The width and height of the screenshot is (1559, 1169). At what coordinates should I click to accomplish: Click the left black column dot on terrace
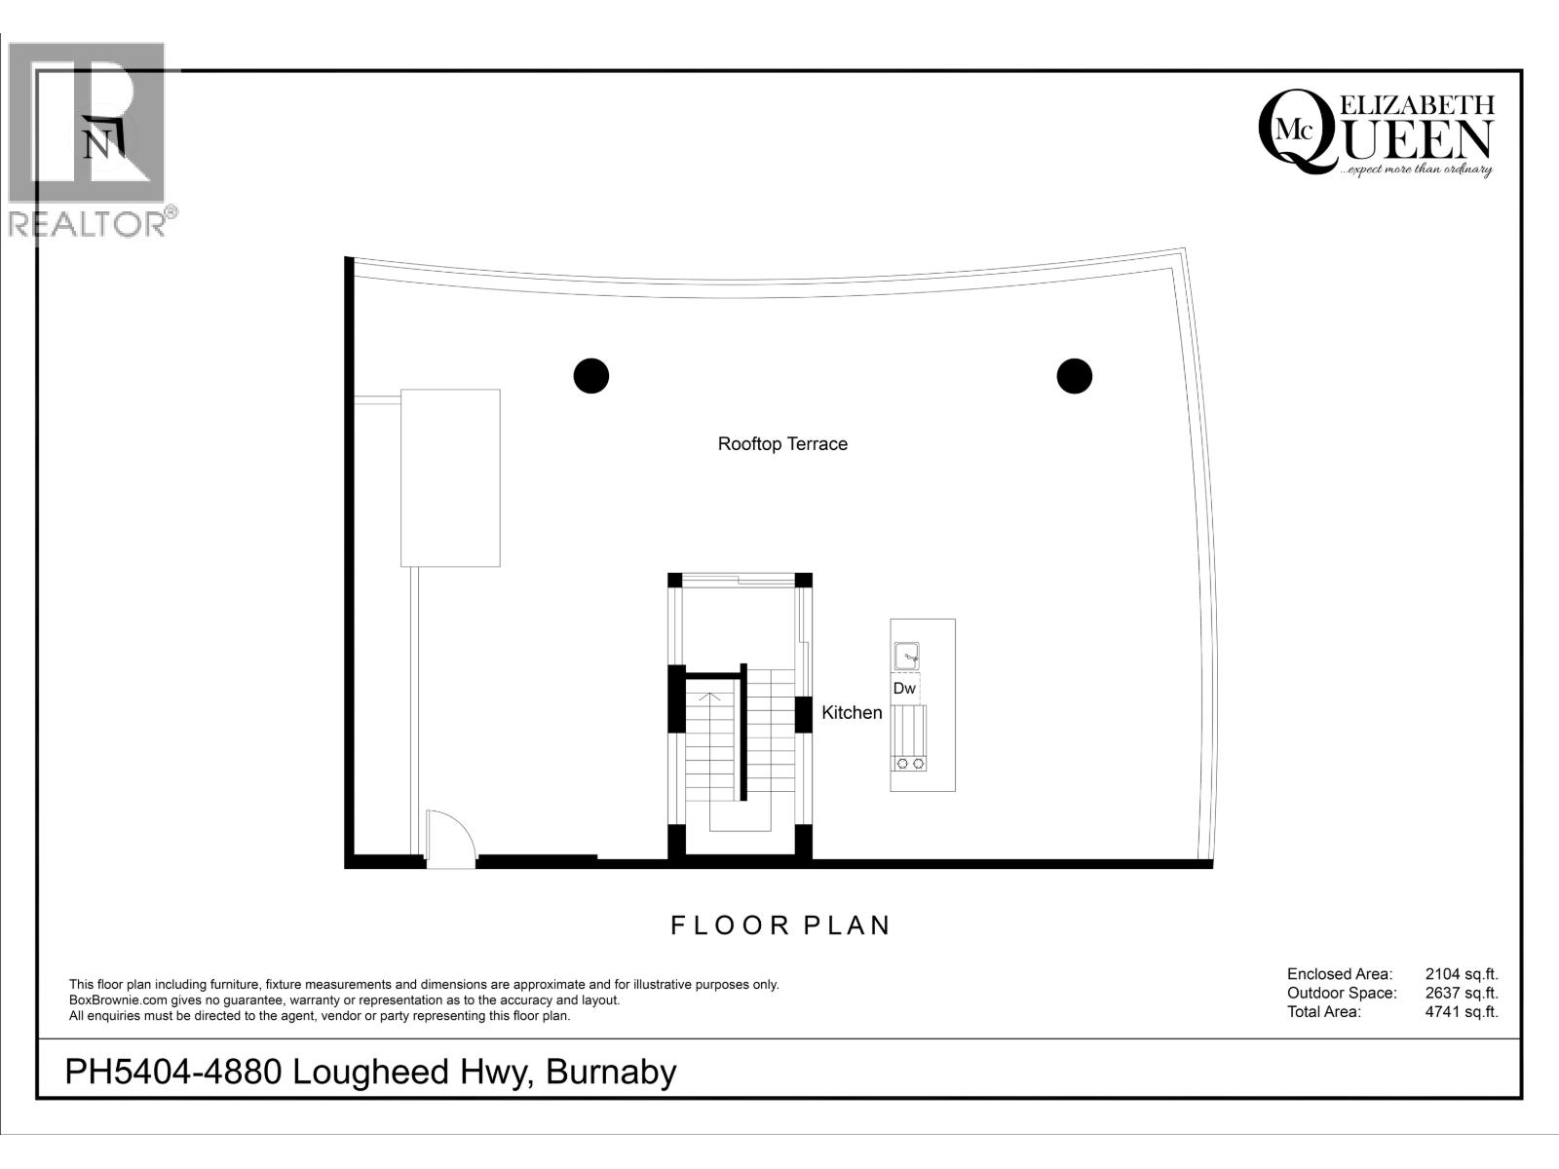click(590, 375)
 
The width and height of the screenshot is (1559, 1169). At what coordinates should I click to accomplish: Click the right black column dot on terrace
click(1074, 375)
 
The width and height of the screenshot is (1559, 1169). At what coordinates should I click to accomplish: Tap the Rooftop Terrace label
click(782, 443)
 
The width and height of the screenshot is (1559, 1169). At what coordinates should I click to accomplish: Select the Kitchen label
click(852, 712)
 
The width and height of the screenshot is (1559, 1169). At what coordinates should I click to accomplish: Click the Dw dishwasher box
click(905, 688)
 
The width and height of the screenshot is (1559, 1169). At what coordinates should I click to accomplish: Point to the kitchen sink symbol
click(906, 657)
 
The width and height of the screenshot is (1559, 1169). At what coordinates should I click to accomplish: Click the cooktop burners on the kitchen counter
click(908, 763)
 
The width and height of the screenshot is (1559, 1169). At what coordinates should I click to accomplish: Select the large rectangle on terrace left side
click(450, 477)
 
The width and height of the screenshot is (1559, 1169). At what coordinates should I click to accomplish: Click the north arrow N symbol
click(97, 144)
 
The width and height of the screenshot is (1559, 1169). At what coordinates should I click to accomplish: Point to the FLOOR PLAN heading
click(780, 924)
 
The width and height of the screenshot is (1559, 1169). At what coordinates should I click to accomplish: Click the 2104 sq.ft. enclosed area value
click(1461, 973)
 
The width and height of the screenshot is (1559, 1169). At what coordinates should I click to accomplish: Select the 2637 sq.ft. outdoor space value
click(1461, 993)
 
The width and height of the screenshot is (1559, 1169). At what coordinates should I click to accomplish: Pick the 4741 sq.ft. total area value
click(1461, 1011)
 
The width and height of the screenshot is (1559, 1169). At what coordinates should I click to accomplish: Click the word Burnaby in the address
click(611, 1072)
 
